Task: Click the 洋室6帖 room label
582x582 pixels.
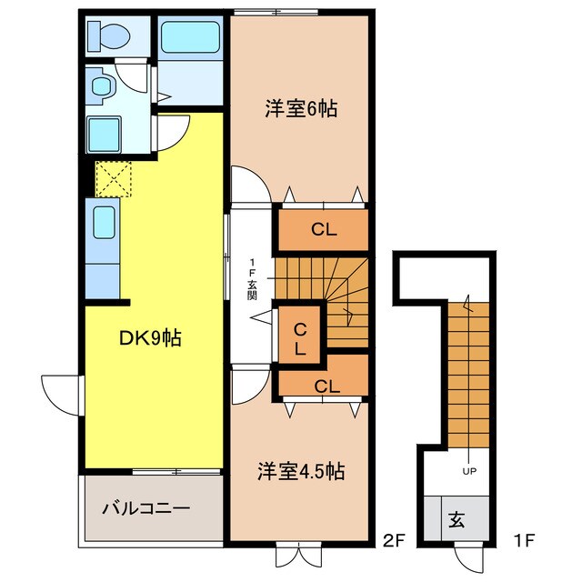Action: coord(301,109)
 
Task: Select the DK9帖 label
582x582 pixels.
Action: coord(150,338)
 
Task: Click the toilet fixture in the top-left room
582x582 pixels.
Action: coord(110,35)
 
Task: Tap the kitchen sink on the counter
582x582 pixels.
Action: coord(103,219)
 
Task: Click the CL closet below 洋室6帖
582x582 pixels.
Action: coord(324,229)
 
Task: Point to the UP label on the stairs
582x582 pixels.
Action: coord(470,471)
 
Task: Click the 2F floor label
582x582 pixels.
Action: coord(393,542)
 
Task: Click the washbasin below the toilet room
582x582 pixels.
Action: coord(101,87)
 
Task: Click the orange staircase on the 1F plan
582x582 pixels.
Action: coord(470,373)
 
